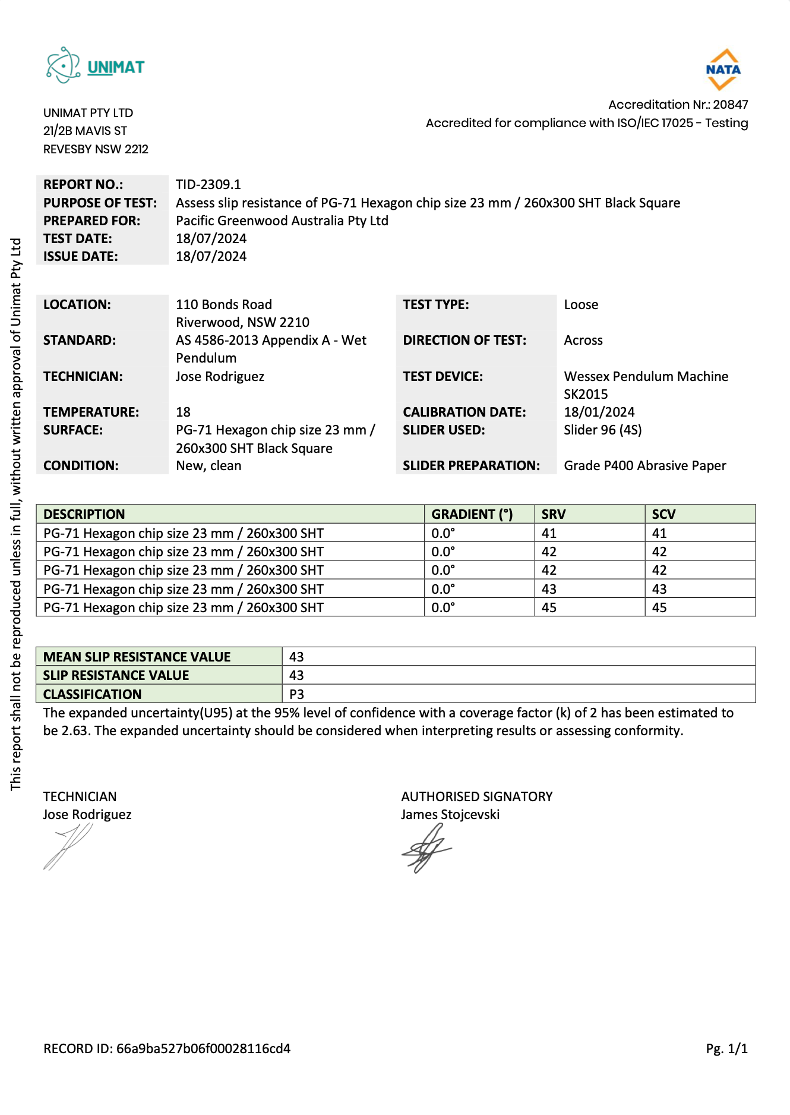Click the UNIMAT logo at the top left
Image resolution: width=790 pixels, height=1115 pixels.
click(x=95, y=66)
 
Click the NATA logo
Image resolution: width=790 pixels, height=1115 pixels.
click(x=723, y=70)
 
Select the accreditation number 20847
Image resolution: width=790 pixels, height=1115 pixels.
click(x=730, y=105)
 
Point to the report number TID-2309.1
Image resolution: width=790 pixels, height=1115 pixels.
click(x=208, y=184)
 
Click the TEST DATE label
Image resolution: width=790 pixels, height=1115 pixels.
click(x=77, y=238)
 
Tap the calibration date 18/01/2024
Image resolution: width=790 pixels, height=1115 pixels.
click(x=599, y=412)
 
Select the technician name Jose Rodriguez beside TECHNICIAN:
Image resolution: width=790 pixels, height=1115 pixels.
click(x=220, y=376)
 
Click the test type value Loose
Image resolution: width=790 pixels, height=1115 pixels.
click(x=580, y=304)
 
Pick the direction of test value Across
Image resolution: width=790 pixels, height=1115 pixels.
click(x=583, y=340)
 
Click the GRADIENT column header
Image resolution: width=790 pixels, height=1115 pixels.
click(x=472, y=514)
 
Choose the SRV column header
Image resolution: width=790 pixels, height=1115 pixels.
click(x=553, y=514)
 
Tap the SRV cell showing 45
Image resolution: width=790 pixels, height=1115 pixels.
click(x=549, y=607)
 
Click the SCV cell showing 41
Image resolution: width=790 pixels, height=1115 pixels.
click(x=659, y=533)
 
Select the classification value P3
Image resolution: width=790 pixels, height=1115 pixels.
click(x=296, y=694)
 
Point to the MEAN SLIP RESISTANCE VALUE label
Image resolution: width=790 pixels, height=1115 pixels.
click(x=137, y=657)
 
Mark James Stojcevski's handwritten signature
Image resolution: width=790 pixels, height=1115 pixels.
click(x=426, y=849)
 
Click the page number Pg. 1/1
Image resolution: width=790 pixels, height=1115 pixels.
click(x=726, y=1048)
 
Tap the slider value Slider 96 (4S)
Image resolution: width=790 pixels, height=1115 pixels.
click(x=602, y=430)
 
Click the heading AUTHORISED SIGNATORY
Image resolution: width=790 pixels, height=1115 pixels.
click(x=476, y=796)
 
